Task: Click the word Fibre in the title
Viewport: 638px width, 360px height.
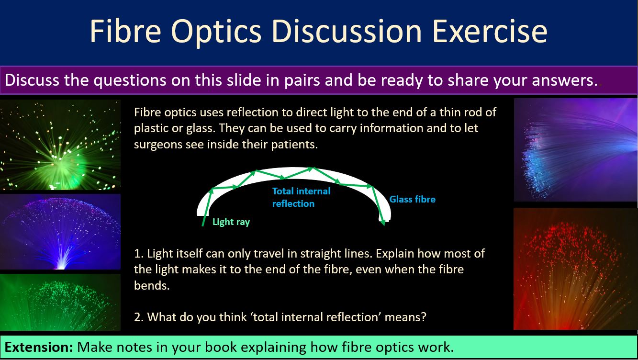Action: [x=125, y=31]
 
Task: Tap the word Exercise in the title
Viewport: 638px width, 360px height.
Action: [x=490, y=31]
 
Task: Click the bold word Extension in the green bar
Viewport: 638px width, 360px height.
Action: [x=39, y=347]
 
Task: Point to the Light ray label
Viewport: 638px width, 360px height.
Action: [x=231, y=222]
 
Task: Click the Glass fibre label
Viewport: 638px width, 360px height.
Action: [x=413, y=199]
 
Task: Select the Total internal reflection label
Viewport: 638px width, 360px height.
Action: [x=302, y=197]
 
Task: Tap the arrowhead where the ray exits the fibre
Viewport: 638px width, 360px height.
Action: [x=383, y=223]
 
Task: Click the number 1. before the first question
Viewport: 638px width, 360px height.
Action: [x=139, y=253]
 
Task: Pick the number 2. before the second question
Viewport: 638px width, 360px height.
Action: [x=139, y=317]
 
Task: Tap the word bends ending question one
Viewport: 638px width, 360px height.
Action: [x=152, y=285]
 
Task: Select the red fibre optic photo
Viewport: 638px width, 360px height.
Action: [x=575, y=269]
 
